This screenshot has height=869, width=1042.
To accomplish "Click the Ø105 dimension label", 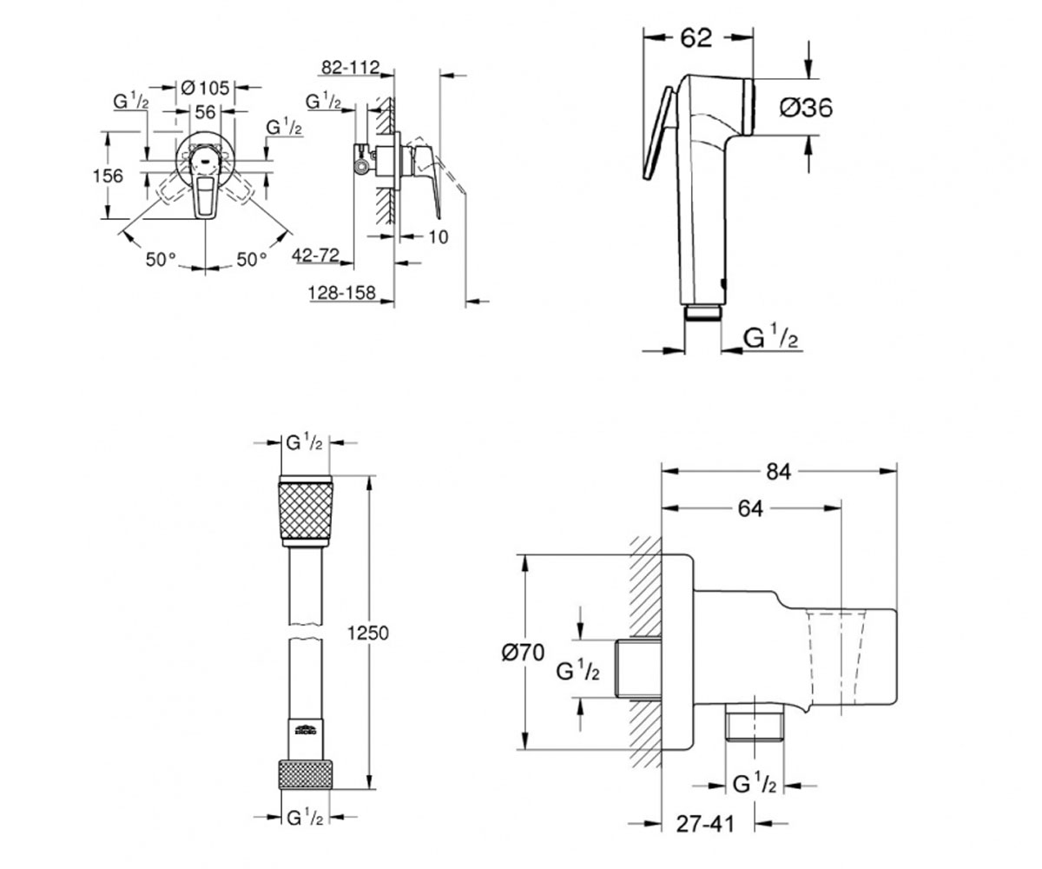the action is (205, 88).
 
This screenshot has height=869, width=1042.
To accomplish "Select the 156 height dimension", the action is (108, 176).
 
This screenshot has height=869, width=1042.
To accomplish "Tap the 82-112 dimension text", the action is (350, 68).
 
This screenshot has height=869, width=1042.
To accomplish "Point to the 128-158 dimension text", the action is (342, 293).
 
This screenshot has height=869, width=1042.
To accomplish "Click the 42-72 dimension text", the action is (315, 255).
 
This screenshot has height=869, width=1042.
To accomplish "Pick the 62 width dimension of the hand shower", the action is (696, 38).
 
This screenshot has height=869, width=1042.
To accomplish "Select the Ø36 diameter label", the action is (806, 108).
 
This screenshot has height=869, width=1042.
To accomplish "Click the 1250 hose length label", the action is (368, 634).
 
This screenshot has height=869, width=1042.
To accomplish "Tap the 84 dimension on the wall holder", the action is (779, 472).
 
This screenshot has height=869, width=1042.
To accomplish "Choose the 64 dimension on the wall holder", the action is (750, 509).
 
